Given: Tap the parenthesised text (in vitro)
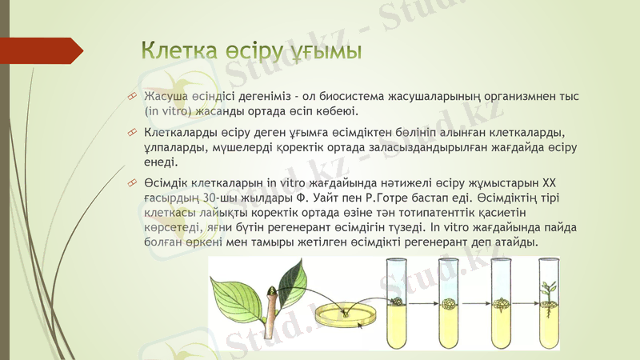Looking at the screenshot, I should (170, 111).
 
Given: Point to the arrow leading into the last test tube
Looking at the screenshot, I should (526, 303).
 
